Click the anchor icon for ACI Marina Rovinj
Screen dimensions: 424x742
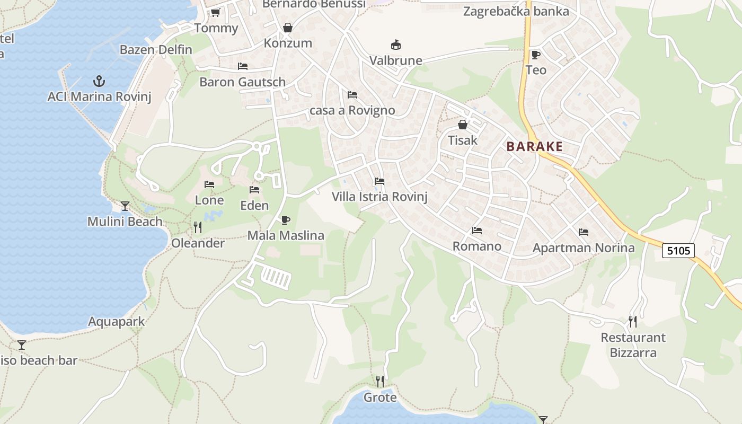[x=99, y=81]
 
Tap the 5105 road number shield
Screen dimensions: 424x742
[x=678, y=250]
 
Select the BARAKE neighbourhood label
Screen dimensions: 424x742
[x=534, y=147]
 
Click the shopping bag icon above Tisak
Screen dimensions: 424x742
[x=463, y=125]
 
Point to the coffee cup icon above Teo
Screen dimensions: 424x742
[x=535, y=55]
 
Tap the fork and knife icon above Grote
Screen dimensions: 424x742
[x=379, y=381]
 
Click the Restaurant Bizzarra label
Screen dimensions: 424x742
[x=633, y=345]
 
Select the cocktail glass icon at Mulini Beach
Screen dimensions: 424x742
[x=125, y=206]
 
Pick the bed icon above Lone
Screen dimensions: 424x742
[x=209, y=184]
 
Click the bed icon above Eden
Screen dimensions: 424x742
[x=254, y=190]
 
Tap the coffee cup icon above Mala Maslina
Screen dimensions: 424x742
[x=286, y=220]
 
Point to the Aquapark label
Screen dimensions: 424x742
[x=116, y=322]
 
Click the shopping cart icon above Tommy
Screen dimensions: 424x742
[x=215, y=12]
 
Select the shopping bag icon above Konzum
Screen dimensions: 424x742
[x=288, y=28]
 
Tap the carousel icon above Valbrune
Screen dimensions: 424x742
[x=395, y=45]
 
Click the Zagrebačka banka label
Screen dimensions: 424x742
[x=516, y=11]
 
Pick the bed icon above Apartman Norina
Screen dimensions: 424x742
[x=584, y=232]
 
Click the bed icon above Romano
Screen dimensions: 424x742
[x=477, y=231]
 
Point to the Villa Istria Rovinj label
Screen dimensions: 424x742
[x=379, y=197]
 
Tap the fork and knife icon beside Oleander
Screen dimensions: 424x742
[x=198, y=227]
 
